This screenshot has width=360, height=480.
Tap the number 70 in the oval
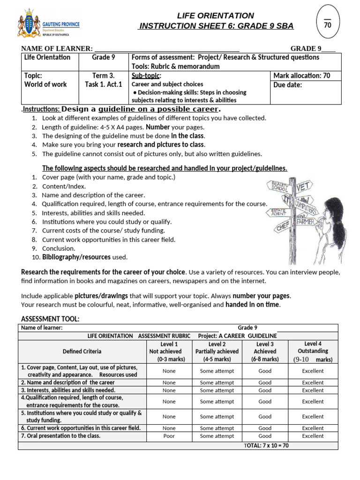(328, 24)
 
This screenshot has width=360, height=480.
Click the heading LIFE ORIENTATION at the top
(215, 15)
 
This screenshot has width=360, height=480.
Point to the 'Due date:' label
(288, 85)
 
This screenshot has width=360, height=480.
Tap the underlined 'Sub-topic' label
(146, 75)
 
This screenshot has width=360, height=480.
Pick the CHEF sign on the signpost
(283, 226)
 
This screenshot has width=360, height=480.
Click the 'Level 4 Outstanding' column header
(313, 352)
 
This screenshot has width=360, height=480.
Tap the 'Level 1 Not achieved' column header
(169, 352)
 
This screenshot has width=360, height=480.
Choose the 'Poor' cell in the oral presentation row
(169, 436)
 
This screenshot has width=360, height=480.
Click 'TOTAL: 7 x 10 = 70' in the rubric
(266, 445)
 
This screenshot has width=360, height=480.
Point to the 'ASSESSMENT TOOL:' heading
(50, 319)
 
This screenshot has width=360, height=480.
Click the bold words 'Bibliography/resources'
(76, 257)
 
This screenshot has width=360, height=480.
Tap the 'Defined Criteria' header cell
(82, 352)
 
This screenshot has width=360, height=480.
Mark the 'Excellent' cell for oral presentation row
(313, 436)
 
